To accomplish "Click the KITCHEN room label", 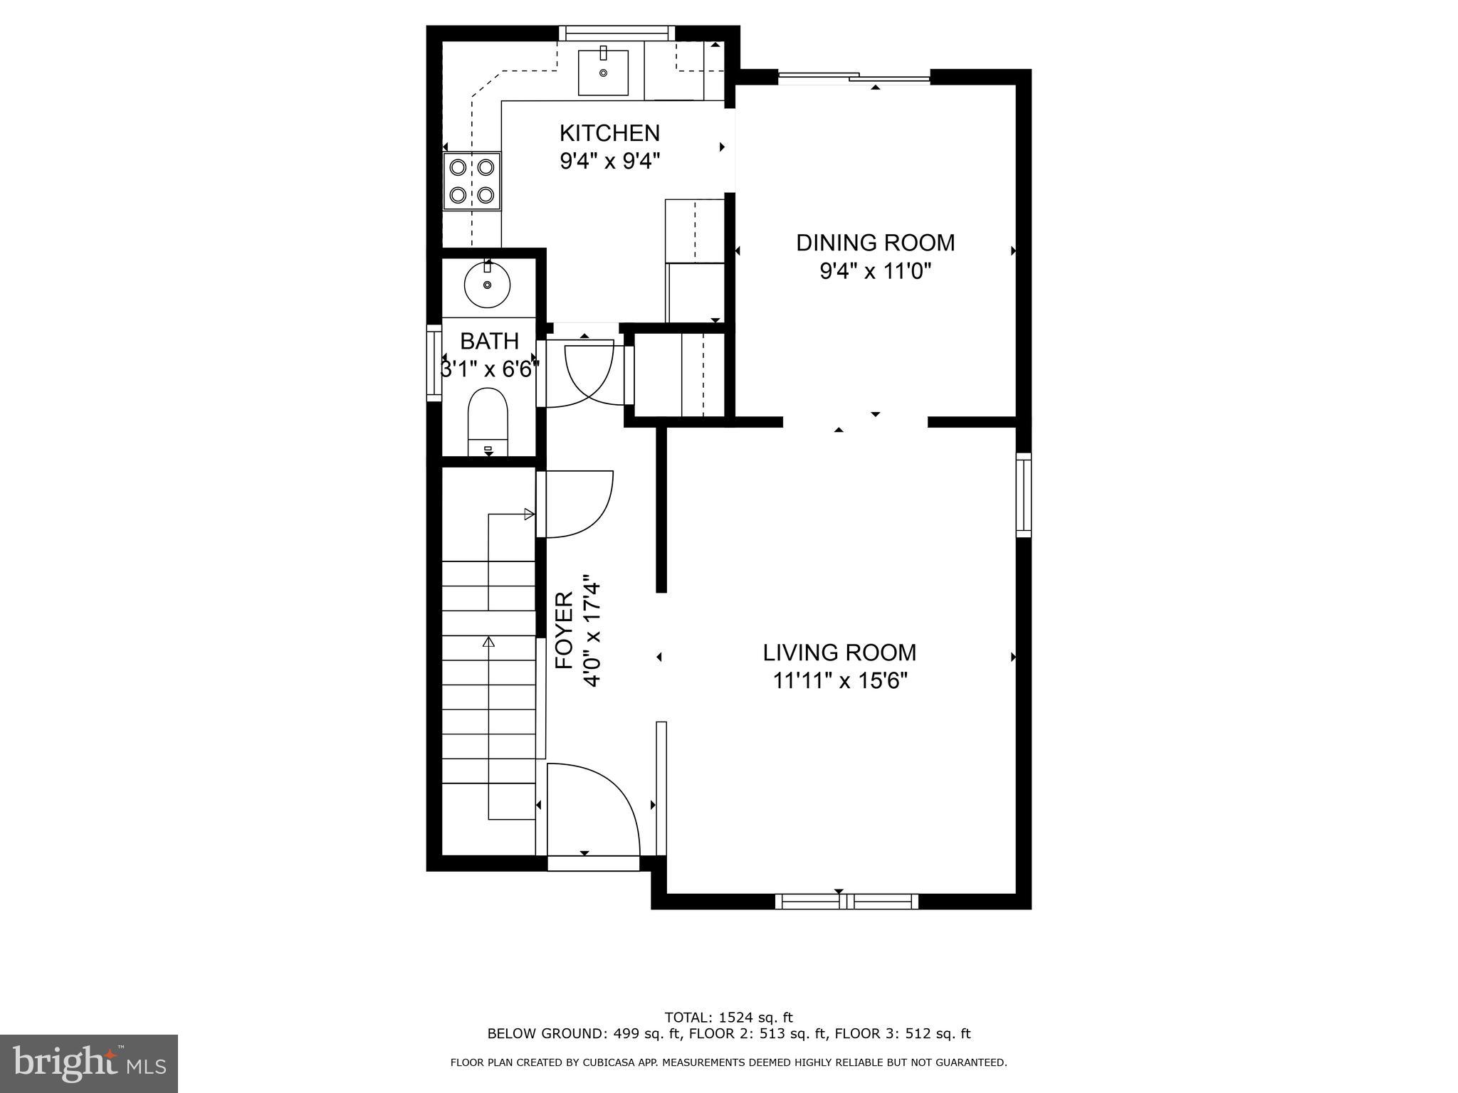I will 609,133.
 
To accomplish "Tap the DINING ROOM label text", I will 875,243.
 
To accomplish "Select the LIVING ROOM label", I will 839,653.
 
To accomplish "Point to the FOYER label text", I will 565,630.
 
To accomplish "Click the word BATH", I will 489,342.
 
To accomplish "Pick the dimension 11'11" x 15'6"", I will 840,682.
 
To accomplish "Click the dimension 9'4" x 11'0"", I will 875,271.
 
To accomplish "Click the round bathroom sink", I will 487,284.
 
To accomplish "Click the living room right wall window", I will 1023,495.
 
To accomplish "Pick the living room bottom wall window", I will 846,902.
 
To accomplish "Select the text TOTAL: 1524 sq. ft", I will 728,1018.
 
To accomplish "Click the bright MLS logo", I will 89,1063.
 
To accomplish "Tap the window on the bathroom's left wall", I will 434,362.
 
